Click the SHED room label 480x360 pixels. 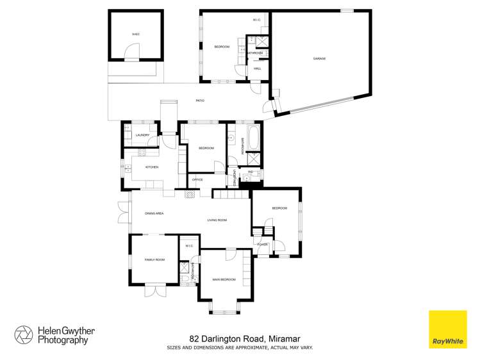pyautogui.click(x=135, y=34)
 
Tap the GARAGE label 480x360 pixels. pyautogui.click(x=319, y=58)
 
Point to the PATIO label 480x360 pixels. pyautogui.click(x=200, y=101)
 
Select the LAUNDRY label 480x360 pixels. pyautogui.click(x=142, y=135)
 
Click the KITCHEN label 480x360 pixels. pyautogui.click(x=152, y=167)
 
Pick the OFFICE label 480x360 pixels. pyautogui.click(x=197, y=179)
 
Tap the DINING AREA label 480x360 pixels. pyautogui.click(x=154, y=213)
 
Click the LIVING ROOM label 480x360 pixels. pyautogui.click(x=217, y=220)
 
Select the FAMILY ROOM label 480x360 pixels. pyautogui.click(x=154, y=259)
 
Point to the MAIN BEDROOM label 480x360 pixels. pyautogui.click(x=224, y=279)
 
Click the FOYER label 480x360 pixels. pyautogui.click(x=262, y=245)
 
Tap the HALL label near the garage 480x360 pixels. pyautogui.click(x=258, y=68)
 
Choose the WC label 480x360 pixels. pyautogui.click(x=251, y=172)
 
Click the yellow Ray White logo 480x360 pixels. pyautogui.click(x=447, y=329)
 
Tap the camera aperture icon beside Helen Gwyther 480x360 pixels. pyautogui.click(x=24, y=334)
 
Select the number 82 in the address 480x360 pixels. pyautogui.click(x=194, y=338)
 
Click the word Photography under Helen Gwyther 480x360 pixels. pyautogui.click(x=62, y=341)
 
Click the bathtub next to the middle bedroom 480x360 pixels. pyautogui.click(x=253, y=136)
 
